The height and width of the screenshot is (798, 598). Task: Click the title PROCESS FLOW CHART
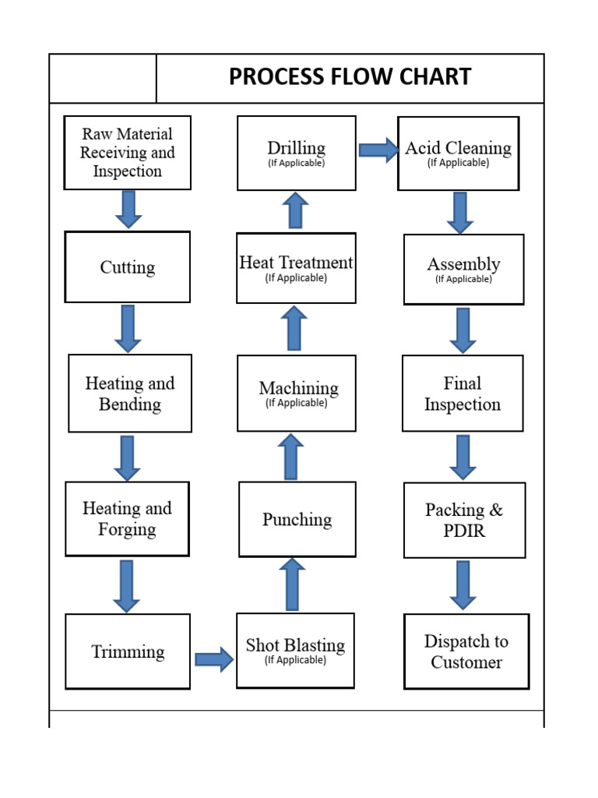pos(350,77)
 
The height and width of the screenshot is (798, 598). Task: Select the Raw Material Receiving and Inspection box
pos(128,153)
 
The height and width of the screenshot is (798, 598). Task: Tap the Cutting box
pos(128,267)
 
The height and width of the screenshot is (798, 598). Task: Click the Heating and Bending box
pos(130,394)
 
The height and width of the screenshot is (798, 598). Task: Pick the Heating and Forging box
pos(127,519)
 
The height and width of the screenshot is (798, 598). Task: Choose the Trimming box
pos(128,651)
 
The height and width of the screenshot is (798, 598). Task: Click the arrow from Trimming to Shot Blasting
pos(213,659)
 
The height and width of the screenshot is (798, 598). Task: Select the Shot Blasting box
pos(295,651)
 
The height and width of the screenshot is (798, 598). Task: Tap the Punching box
pos(297,519)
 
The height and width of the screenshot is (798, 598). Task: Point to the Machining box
pos(297,394)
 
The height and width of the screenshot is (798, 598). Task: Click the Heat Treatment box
pos(296,268)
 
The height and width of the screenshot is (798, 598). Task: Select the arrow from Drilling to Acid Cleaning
pos(378,150)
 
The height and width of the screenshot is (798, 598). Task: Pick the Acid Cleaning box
pos(458,153)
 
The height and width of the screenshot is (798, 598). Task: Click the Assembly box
pos(463,269)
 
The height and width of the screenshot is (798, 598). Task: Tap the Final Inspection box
pos(463,394)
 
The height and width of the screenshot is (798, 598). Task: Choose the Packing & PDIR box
pos(464,520)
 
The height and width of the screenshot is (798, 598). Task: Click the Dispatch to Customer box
pos(466,651)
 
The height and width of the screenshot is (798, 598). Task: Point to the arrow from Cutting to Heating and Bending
pos(128,328)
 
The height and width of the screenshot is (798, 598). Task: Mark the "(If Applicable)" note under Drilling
pos(296,164)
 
